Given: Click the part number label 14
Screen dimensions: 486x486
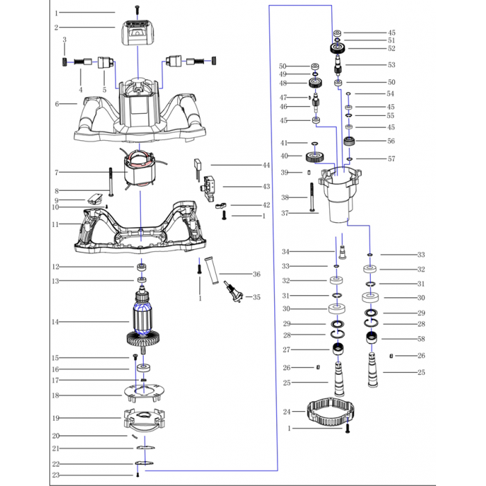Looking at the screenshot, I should click(56, 322).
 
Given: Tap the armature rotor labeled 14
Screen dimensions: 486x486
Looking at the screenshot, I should click(144, 323).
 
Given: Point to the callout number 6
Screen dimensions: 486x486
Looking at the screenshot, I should click(56, 103).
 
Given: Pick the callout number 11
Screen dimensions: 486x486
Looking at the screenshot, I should click(56, 225).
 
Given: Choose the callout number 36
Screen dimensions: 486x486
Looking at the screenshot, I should click(256, 274).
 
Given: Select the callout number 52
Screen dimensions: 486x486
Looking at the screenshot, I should click(392, 49).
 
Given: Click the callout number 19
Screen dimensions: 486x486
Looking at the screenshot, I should click(56, 418).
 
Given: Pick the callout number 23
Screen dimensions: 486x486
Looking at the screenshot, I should click(56, 475).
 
